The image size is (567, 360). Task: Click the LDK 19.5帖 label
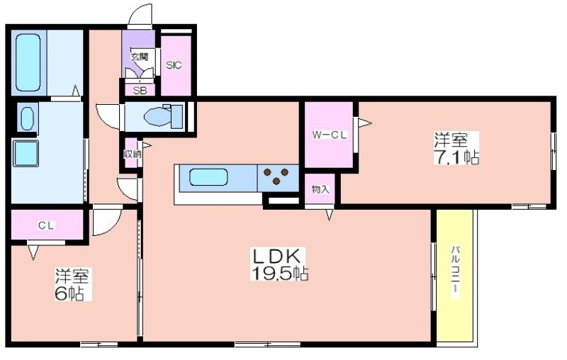tap(279, 264)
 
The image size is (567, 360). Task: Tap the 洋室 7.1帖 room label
tap(456, 148)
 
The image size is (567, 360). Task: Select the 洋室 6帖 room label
tap(72, 284)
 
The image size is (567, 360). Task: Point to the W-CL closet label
tap(330, 135)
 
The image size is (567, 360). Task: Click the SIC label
tap(174, 65)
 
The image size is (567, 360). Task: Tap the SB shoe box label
tap(140, 91)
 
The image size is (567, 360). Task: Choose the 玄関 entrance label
tap(140, 57)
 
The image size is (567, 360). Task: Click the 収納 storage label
tap(132, 154)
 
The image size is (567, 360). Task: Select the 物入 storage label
tap(320, 189)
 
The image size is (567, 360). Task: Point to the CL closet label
tap(46, 225)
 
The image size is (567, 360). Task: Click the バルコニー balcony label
tap(456, 271)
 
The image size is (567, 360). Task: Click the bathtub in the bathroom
tap(28, 62)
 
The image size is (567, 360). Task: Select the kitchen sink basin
tap(208, 177)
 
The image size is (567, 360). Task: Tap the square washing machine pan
tap(26, 153)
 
